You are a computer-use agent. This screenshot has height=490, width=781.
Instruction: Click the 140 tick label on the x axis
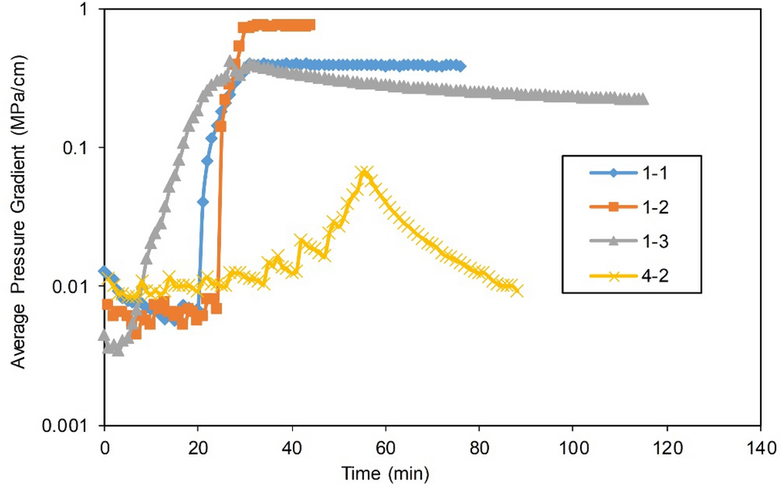pos(760,446)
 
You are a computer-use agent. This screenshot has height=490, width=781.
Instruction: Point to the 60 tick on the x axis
pos(385,446)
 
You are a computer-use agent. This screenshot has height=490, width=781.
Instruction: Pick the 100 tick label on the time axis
pos(573,446)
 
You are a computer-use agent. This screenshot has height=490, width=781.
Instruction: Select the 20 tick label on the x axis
pos(198,446)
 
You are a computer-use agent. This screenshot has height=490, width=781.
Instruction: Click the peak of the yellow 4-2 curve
pos(365,172)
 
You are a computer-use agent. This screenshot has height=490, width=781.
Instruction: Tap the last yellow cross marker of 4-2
pos(517,290)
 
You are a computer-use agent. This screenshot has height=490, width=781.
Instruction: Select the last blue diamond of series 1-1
pos(461,66)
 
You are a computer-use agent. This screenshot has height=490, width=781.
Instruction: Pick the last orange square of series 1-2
pos(310,25)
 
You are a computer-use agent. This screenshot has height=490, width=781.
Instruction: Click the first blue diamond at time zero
pos(104,272)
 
